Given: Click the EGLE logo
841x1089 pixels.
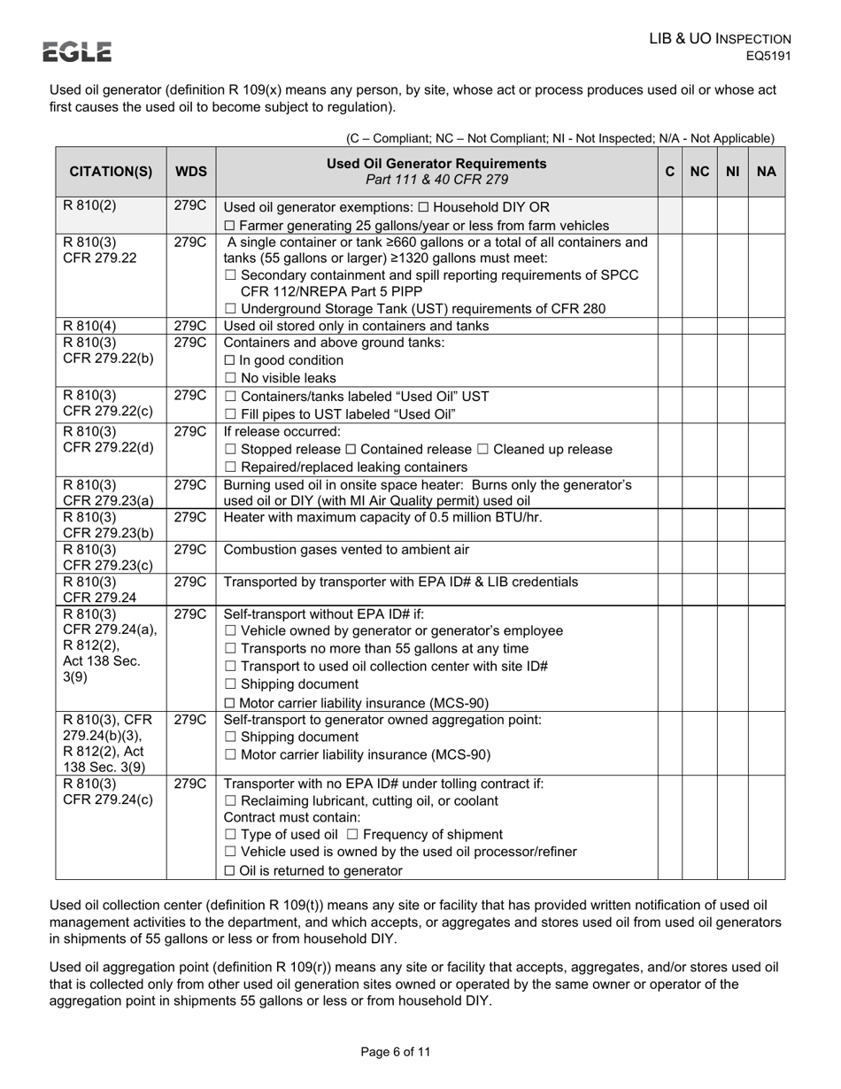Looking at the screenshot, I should [x=79, y=52].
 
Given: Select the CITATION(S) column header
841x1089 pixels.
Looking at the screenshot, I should [x=111, y=172].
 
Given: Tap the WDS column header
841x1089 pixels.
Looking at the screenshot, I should [x=190, y=172].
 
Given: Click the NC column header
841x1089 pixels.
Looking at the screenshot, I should [x=699, y=172].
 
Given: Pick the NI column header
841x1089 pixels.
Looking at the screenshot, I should [x=732, y=172].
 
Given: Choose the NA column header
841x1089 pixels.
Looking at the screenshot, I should [x=767, y=172].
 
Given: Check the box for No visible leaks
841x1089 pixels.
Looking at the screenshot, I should [x=229, y=378].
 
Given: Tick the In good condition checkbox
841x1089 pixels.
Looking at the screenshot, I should [x=229, y=360].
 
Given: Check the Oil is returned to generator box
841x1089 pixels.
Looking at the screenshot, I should [x=229, y=871].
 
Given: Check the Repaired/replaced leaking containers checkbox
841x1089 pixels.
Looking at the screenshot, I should [x=229, y=467].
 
